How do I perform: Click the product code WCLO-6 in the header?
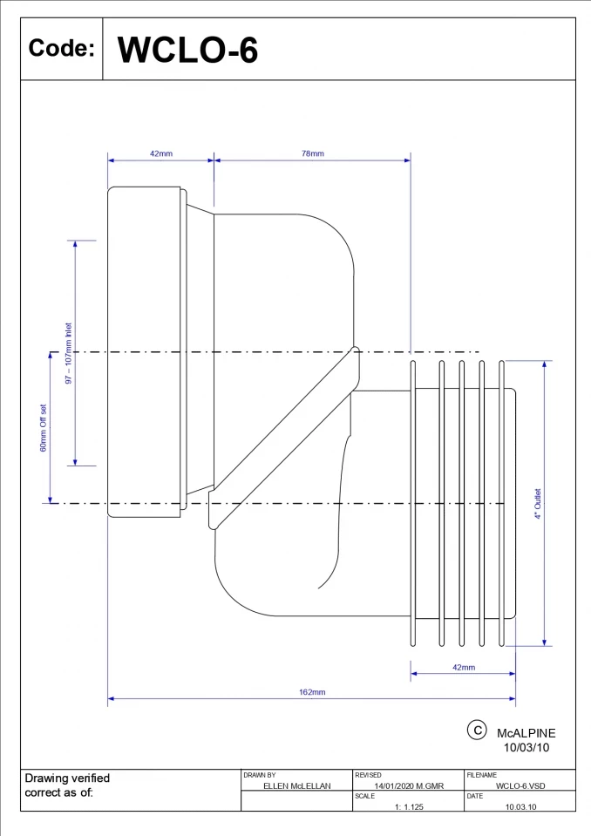click(x=187, y=50)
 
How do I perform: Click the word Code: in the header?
click(x=61, y=49)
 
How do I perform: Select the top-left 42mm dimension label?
click(x=161, y=153)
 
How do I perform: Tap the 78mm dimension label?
click(x=313, y=153)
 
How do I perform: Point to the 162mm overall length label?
click(x=312, y=692)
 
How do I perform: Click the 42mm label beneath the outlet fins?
click(x=464, y=668)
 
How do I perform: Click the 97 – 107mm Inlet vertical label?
click(x=69, y=353)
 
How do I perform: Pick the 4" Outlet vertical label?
click(x=538, y=504)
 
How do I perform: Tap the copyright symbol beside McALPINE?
click(x=477, y=731)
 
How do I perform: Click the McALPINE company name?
click(x=526, y=734)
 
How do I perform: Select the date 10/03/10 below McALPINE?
click(x=526, y=748)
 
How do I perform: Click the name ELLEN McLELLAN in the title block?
click(x=296, y=785)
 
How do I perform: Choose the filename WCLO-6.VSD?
click(x=520, y=785)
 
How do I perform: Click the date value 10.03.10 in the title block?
click(x=520, y=806)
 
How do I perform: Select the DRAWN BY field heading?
click(x=260, y=775)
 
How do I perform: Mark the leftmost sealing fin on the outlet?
click(x=414, y=504)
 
